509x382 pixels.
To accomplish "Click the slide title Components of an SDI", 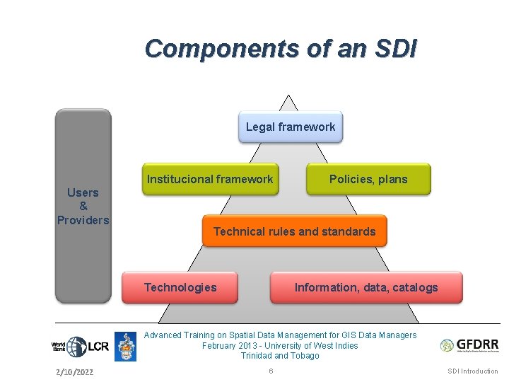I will tap(281, 49).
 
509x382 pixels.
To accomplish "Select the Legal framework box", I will tap(290, 127).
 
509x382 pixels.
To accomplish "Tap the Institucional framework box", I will tap(209, 179).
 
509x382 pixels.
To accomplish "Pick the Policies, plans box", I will tap(368, 179).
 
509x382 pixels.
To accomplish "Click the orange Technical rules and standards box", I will tap(294, 231).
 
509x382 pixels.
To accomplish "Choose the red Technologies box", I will tap(180, 287).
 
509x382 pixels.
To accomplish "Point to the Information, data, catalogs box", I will tap(365, 287).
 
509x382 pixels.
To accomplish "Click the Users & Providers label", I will tap(83, 206).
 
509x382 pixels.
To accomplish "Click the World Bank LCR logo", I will tap(80, 347).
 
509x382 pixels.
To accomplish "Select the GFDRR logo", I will tap(469, 345).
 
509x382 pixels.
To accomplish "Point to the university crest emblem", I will tap(125, 347).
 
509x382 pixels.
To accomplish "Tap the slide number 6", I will tap(271, 371).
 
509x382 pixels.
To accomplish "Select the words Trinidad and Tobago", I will tap(280, 356).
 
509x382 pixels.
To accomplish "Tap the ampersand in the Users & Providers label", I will tap(83, 206).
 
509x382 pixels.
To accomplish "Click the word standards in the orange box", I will tap(348, 231).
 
